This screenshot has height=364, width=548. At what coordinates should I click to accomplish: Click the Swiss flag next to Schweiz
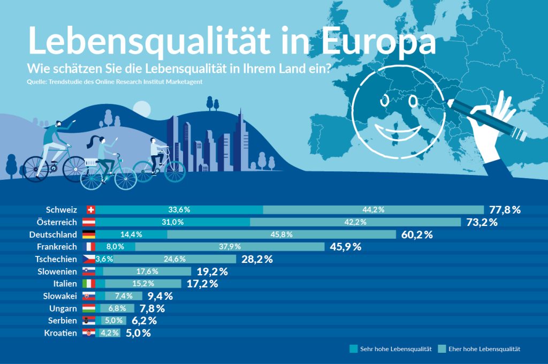coord(90,209)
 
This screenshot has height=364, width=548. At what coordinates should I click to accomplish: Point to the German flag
coord(89,234)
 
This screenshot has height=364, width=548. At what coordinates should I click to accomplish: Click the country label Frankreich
coord(57,247)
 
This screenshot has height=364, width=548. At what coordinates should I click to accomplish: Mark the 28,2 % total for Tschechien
coord(257,259)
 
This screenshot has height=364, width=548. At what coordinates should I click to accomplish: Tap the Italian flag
coord(89,284)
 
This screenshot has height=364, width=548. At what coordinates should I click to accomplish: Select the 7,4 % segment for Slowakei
coord(123,296)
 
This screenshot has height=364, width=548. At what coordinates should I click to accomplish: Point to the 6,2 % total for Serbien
coord(144,321)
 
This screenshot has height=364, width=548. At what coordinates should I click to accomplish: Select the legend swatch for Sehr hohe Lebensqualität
coord(353,349)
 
